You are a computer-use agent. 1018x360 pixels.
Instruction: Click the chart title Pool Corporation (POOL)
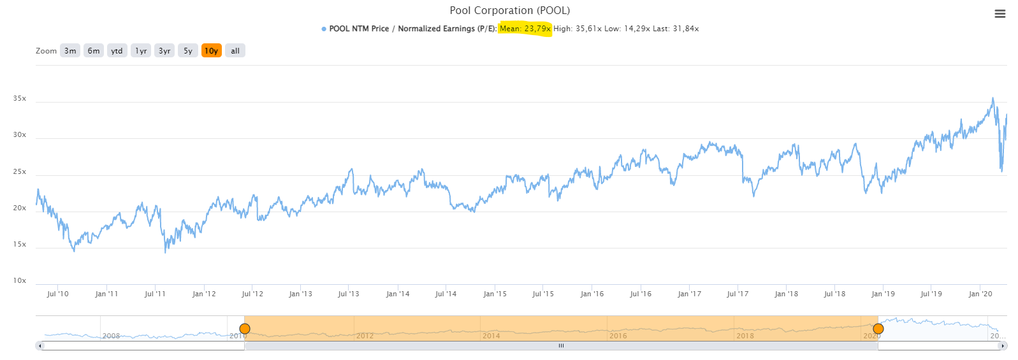pyautogui.click(x=509, y=10)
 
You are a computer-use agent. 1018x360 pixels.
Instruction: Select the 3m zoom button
pyautogui.click(x=70, y=51)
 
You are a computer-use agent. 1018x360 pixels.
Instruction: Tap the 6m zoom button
pyautogui.click(x=94, y=51)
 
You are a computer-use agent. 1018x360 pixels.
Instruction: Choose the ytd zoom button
pyautogui.click(x=117, y=51)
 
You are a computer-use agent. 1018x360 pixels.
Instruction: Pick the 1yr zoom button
pyautogui.click(x=141, y=51)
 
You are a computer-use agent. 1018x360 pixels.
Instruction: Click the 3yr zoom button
pyautogui.click(x=164, y=51)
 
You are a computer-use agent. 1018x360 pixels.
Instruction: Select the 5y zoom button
pyautogui.click(x=188, y=51)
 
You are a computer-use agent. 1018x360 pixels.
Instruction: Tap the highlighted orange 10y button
pyautogui.click(x=212, y=51)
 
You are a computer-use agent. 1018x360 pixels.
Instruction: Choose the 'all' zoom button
pyautogui.click(x=235, y=51)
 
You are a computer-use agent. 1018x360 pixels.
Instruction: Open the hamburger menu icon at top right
pyautogui.click(x=1000, y=14)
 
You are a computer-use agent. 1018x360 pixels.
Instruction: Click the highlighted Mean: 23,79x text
pyautogui.click(x=525, y=29)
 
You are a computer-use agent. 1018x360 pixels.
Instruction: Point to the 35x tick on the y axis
pyautogui.click(x=20, y=99)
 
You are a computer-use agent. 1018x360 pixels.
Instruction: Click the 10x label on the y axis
pyautogui.click(x=20, y=281)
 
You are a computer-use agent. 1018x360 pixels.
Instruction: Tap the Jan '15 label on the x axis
pyautogui.click(x=495, y=294)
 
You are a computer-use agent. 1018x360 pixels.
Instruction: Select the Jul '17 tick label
pyautogui.click(x=738, y=294)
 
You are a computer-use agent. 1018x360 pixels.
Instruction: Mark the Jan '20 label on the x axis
pyautogui.click(x=980, y=294)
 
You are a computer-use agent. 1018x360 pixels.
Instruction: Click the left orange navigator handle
pyautogui.click(x=245, y=329)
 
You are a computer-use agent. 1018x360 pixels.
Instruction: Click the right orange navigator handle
pyautogui.click(x=878, y=329)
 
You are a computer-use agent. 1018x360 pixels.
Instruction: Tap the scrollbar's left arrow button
pyautogui.click(x=40, y=346)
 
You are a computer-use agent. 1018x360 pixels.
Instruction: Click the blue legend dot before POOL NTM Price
pyautogui.click(x=324, y=29)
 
